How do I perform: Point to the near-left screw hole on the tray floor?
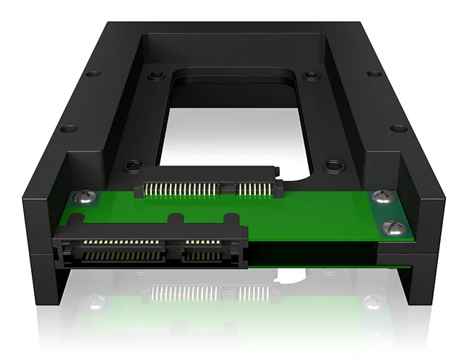click(130, 166)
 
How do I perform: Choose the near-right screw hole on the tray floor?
click(329, 167)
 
